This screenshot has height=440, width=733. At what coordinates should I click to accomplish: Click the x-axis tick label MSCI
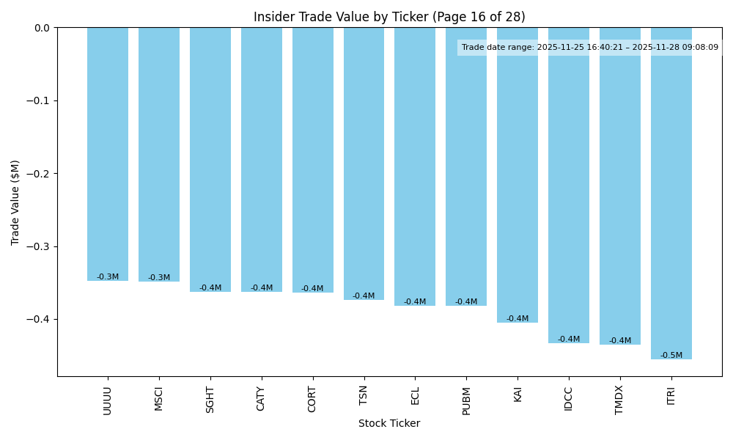(159, 399)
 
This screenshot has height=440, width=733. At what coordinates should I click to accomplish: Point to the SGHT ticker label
(210, 400)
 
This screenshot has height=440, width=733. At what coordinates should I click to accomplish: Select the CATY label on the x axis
(261, 399)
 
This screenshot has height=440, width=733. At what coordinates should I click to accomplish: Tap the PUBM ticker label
(466, 400)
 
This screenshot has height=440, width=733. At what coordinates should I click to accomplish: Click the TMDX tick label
(619, 400)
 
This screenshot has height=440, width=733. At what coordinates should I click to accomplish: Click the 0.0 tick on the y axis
(42, 28)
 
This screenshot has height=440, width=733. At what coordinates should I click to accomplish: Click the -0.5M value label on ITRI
(671, 356)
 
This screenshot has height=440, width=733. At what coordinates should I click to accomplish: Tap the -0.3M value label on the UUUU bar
(108, 277)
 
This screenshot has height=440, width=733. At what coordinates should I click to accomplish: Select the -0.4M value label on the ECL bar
(415, 302)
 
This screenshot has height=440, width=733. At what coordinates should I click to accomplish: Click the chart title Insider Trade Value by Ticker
(389, 17)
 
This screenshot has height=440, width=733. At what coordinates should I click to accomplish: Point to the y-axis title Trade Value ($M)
(15, 202)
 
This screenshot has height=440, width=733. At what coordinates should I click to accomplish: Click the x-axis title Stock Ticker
(389, 423)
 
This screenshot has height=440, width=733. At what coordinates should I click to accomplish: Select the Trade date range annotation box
(589, 48)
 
